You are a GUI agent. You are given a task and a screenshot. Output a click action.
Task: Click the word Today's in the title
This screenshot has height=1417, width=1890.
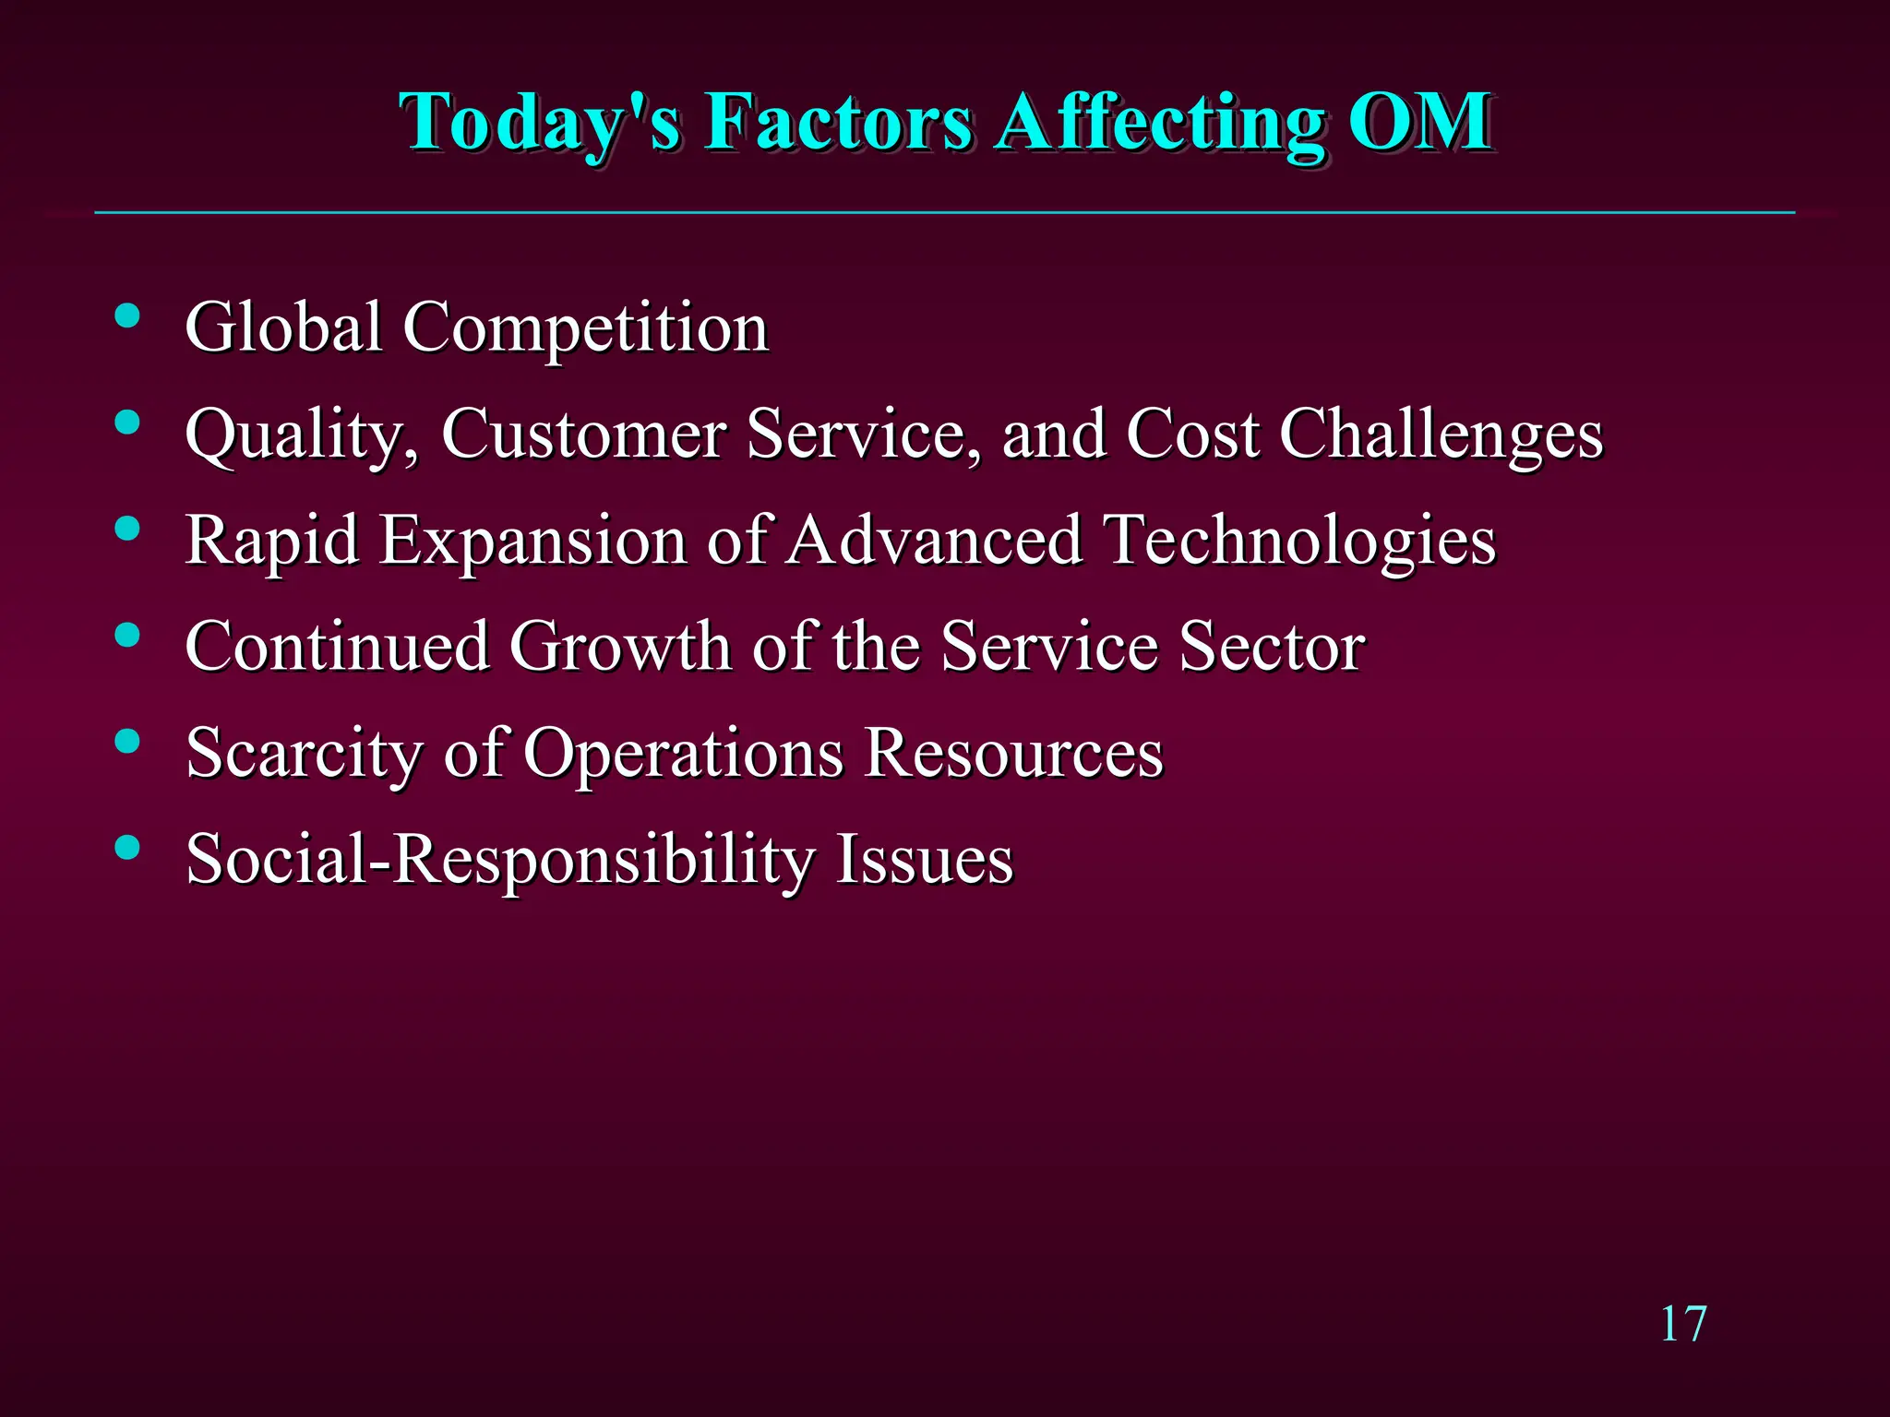pyautogui.click(x=540, y=123)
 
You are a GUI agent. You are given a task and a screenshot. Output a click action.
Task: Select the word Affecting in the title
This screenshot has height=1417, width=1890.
pyautogui.click(x=1160, y=123)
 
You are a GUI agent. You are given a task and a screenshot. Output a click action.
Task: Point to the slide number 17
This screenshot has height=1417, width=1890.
pyautogui.click(x=1683, y=1325)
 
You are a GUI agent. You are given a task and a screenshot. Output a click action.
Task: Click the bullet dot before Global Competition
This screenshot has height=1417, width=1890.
pyautogui.click(x=127, y=316)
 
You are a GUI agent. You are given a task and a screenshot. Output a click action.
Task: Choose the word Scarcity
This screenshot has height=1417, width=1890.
pyautogui.click(x=304, y=753)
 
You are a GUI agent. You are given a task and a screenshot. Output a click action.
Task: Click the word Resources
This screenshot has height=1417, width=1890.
pyautogui.click(x=1013, y=753)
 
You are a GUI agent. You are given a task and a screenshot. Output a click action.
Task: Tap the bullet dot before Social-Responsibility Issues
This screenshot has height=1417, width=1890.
pyautogui.click(x=127, y=847)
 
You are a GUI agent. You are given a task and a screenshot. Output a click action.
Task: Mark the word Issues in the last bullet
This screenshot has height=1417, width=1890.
pyautogui.click(x=924, y=859)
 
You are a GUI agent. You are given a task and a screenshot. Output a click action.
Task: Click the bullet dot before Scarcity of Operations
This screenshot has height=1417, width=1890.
pyautogui.click(x=127, y=741)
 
